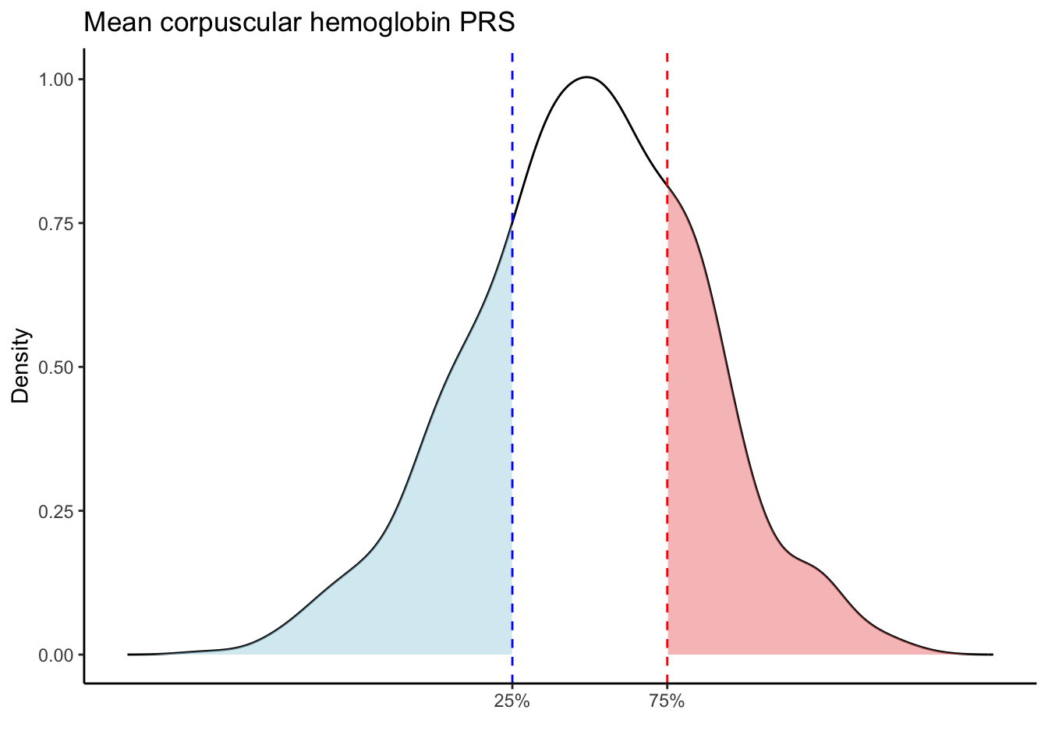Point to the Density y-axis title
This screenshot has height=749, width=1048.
(21, 366)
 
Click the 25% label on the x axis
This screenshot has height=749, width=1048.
(512, 702)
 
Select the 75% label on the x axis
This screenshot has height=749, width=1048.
(667, 702)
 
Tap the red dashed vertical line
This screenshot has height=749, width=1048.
(667, 117)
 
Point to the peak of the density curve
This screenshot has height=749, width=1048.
(587, 77)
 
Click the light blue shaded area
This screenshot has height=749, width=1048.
(437, 546)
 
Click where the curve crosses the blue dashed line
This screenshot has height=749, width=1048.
(512, 222)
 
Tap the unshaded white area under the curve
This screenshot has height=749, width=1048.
(589, 390)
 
